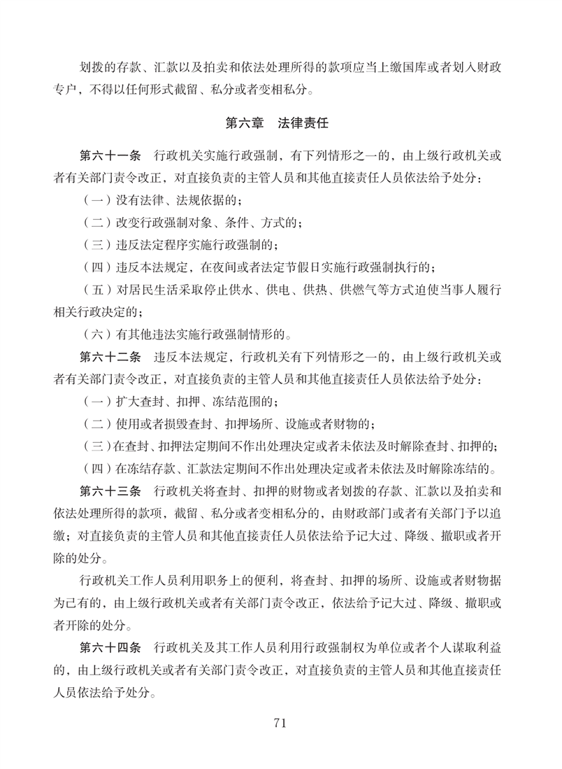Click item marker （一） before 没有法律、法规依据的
click(97, 200)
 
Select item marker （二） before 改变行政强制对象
click(97, 223)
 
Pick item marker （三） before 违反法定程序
click(97, 246)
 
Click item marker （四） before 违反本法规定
click(97, 267)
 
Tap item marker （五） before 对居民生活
click(97, 290)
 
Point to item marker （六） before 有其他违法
click(97, 334)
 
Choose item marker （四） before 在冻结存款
click(97, 469)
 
